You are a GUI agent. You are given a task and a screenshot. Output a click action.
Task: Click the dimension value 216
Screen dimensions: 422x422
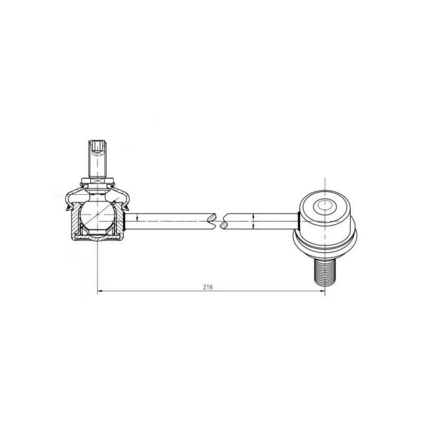208,287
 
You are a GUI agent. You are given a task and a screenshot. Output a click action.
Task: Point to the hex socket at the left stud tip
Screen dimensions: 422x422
98,148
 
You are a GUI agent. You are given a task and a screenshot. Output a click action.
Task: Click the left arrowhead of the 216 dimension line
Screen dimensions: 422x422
100,291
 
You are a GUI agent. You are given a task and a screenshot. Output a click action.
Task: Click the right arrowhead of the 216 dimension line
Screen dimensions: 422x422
322,291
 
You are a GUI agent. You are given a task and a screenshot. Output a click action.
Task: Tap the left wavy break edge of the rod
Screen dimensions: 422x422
212,221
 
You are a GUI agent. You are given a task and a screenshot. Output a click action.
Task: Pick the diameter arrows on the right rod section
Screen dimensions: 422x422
254,222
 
